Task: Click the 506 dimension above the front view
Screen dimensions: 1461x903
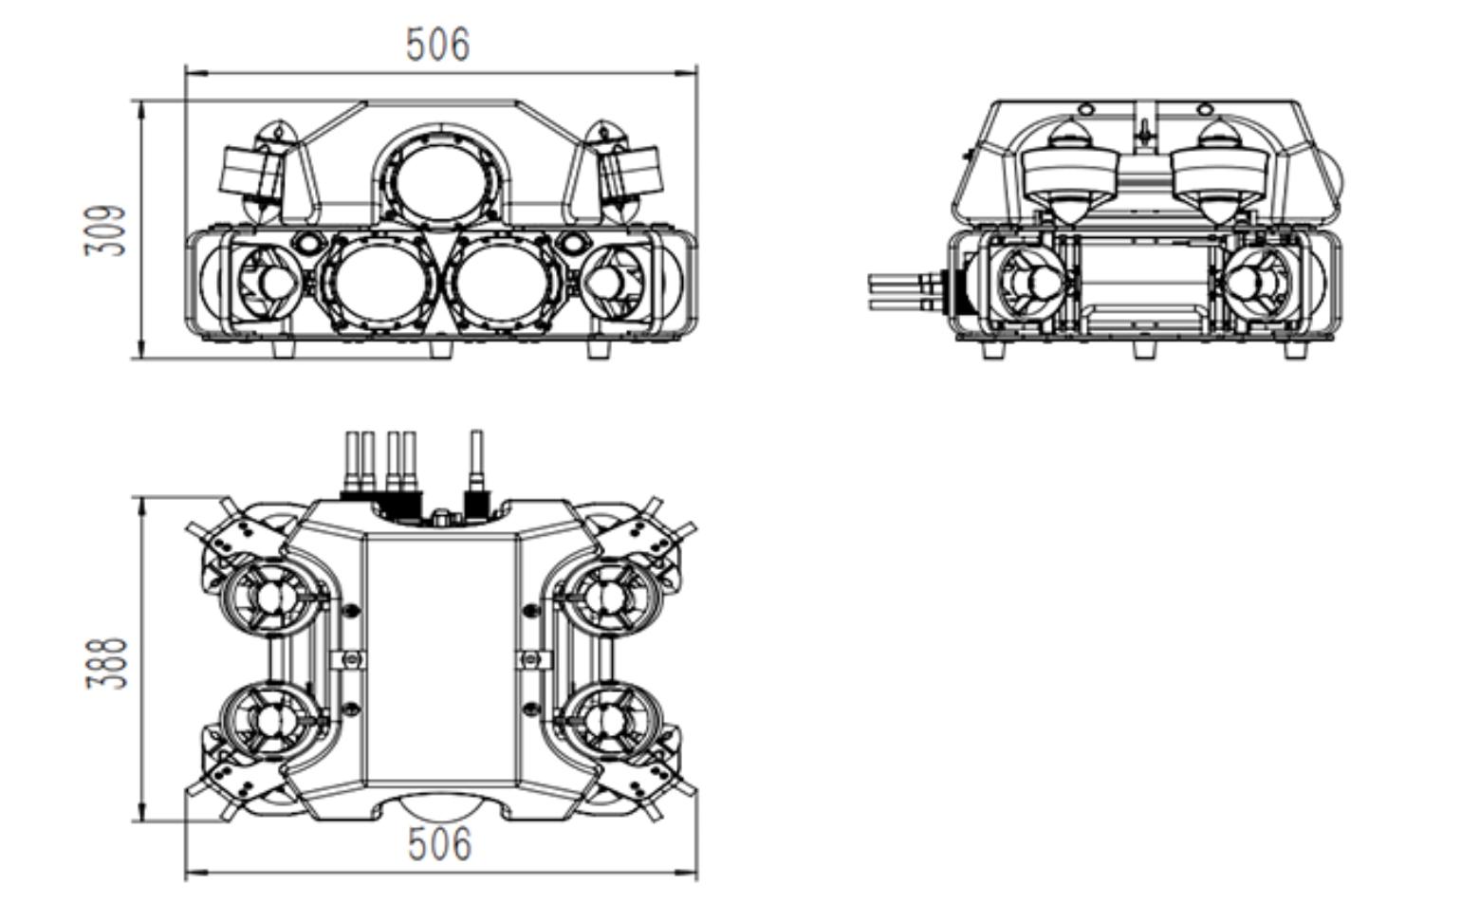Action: (x=437, y=45)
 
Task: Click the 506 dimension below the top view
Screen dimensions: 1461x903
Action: (x=439, y=843)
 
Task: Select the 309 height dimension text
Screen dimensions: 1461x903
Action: (x=105, y=230)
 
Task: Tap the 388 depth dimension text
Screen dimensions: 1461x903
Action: (x=106, y=663)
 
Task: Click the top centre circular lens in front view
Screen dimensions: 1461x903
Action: (x=441, y=182)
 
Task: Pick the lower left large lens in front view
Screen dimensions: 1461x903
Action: (x=380, y=282)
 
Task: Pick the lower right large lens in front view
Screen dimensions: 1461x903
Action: (x=502, y=282)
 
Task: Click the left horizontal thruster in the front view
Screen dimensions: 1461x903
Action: (x=268, y=282)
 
